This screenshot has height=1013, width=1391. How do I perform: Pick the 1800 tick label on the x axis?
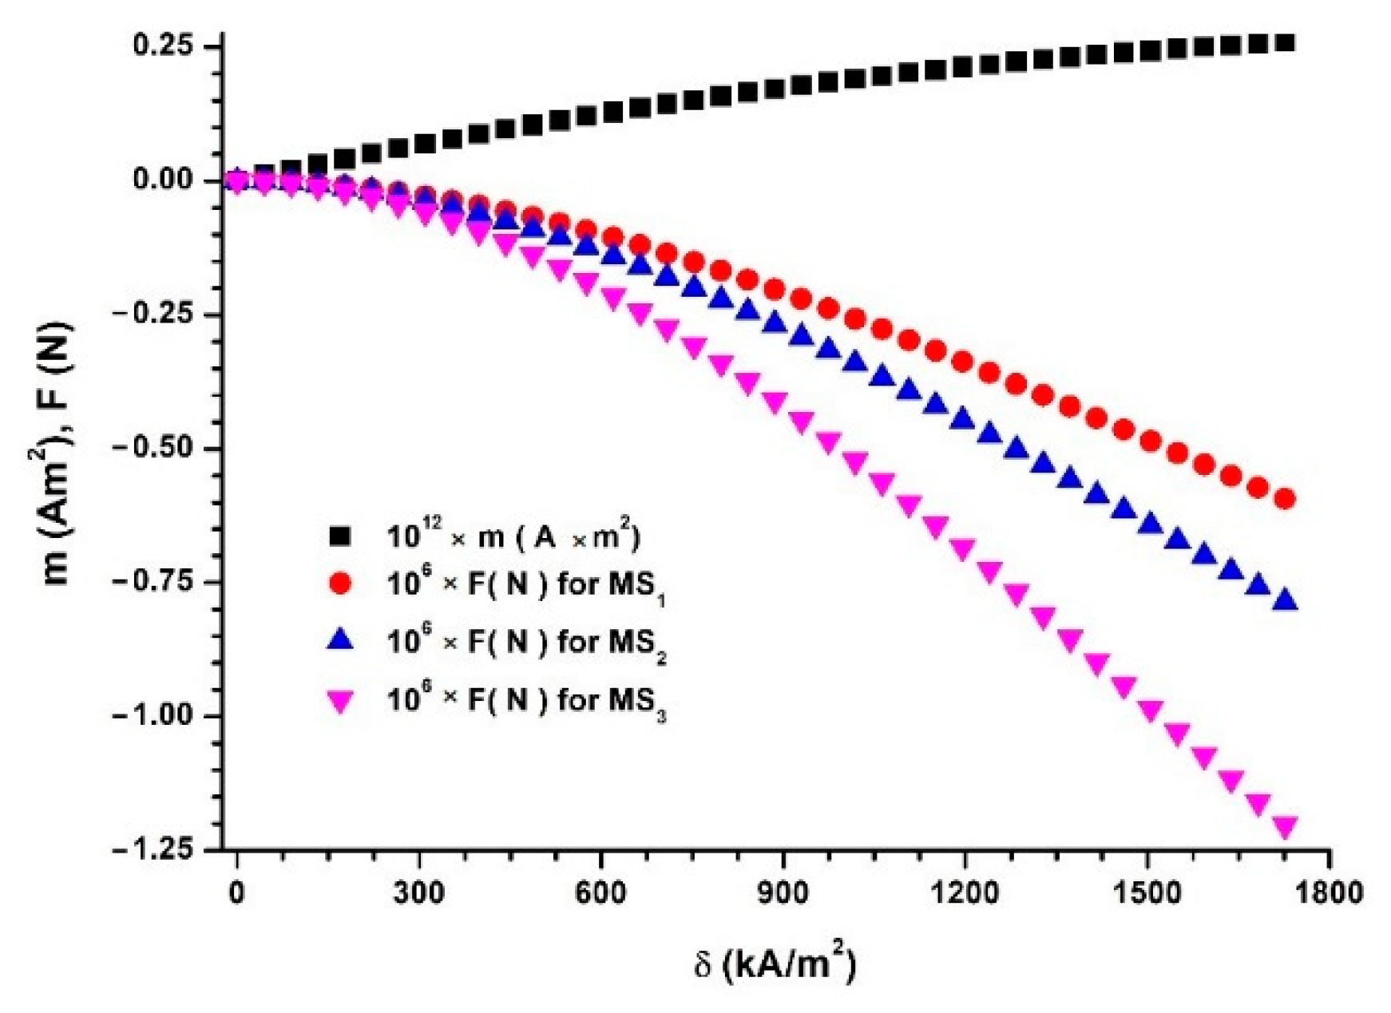[1328, 892]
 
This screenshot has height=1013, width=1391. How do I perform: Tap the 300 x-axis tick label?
[418, 892]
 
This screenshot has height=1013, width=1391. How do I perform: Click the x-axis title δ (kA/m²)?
[774, 964]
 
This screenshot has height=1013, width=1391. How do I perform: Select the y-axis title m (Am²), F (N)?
[57, 453]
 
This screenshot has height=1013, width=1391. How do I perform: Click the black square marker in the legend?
[341, 536]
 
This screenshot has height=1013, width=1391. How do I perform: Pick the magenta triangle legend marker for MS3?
[341, 702]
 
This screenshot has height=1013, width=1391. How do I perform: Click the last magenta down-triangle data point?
[1285, 828]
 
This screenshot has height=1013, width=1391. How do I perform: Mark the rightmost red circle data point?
[1285, 500]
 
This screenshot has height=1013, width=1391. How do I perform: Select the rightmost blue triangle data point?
[1285, 599]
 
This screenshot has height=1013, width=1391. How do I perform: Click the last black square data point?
[1285, 42]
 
